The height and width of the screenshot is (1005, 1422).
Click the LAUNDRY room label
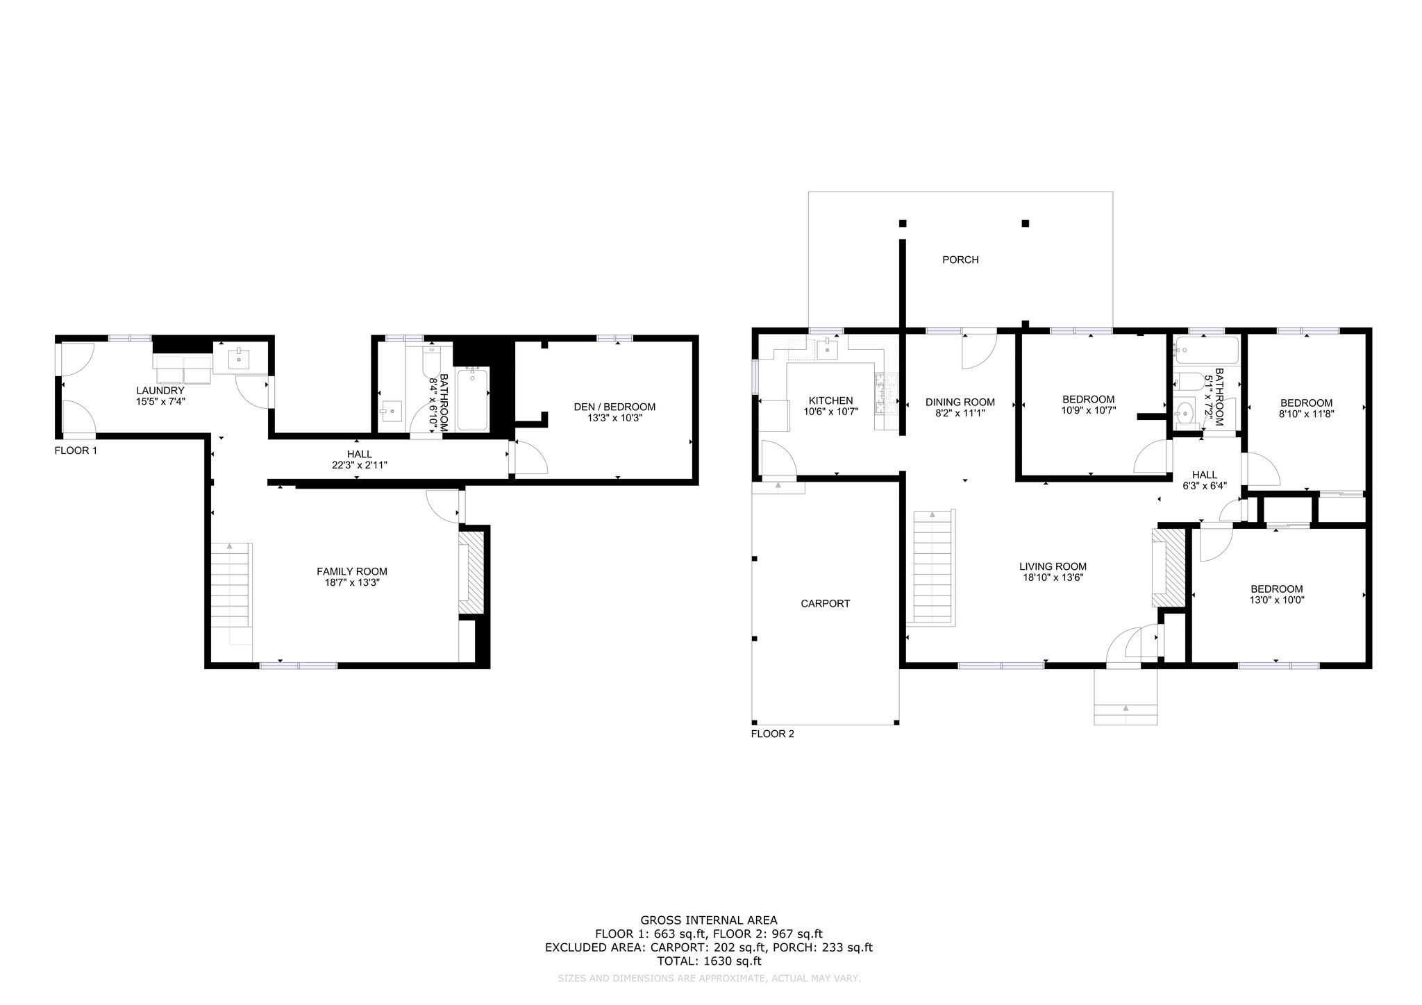click(160, 391)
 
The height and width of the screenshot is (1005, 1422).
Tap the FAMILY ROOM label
click(352, 571)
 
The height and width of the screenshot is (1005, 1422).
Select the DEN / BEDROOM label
click(614, 407)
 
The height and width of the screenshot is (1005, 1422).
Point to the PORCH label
click(960, 260)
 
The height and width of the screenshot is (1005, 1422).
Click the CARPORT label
click(825, 604)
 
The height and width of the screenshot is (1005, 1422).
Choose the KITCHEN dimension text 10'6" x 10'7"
click(831, 412)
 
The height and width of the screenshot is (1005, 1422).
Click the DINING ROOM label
click(960, 402)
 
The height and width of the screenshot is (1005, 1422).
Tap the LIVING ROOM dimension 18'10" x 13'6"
click(1053, 577)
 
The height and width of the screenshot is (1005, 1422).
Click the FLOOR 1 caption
click(76, 450)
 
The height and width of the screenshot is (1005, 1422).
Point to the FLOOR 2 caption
click(772, 734)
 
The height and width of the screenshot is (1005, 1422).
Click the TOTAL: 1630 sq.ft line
click(709, 961)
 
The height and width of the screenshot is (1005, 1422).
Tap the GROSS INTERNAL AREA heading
click(709, 921)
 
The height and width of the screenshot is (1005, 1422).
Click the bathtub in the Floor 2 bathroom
click(1207, 351)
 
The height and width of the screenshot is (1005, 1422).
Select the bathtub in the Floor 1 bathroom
click(473, 399)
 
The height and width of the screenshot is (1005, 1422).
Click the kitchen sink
click(828, 350)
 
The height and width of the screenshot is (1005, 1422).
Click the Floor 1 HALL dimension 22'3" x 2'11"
click(359, 465)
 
